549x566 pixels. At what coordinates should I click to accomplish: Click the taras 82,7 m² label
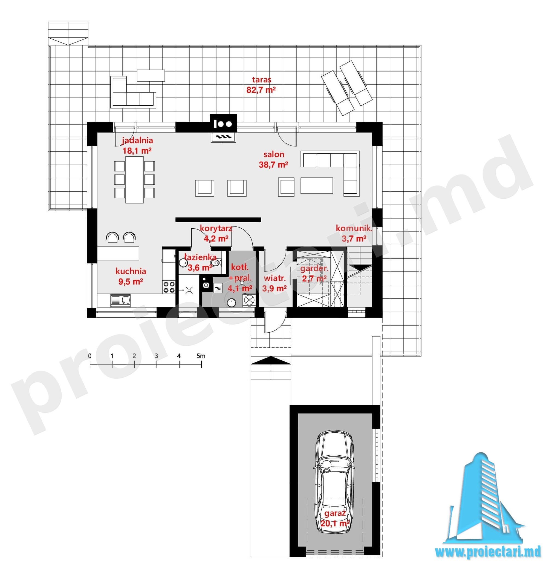click(x=261, y=85)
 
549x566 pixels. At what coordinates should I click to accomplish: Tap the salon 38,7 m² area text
click(x=273, y=159)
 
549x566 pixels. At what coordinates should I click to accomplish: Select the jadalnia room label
click(x=137, y=141)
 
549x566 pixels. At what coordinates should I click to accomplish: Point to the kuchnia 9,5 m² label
click(x=131, y=276)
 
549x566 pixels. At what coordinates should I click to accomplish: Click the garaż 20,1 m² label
click(x=335, y=518)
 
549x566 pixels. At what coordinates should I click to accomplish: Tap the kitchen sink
click(x=120, y=300)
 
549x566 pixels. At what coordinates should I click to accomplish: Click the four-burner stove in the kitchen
click(x=169, y=287)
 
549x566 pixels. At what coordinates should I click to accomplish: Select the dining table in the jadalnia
click(x=134, y=179)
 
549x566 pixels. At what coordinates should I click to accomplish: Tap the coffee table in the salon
click(x=317, y=185)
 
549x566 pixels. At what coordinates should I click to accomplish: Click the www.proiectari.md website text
click(x=488, y=551)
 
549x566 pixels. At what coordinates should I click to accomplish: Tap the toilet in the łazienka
click(x=216, y=263)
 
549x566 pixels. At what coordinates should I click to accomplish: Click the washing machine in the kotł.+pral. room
click(x=249, y=300)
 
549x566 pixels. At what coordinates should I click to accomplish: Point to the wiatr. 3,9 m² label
click(x=274, y=283)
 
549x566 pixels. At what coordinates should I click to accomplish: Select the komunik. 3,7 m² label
click(x=354, y=233)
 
